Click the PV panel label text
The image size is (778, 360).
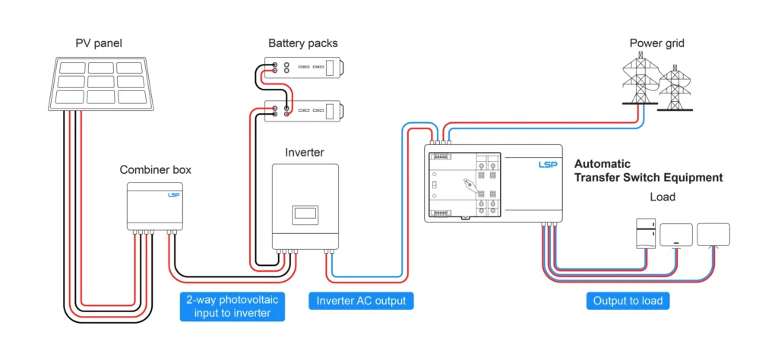(x=99, y=43)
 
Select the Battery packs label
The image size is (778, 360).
(x=302, y=43)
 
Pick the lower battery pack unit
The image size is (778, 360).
(x=304, y=111)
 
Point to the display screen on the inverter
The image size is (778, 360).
(x=305, y=213)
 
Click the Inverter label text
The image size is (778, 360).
(x=304, y=153)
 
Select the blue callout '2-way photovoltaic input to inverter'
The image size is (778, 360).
(x=232, y=306)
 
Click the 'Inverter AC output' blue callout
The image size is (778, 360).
(x=361, y=301)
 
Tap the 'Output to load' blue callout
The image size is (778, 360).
(x=628, y=301)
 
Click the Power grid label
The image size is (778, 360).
(x=656, y=43)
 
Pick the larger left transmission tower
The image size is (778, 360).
(x=640, y=80)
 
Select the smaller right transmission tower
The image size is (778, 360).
(x=673, y=88)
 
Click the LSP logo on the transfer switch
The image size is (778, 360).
(x=547, y=164)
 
